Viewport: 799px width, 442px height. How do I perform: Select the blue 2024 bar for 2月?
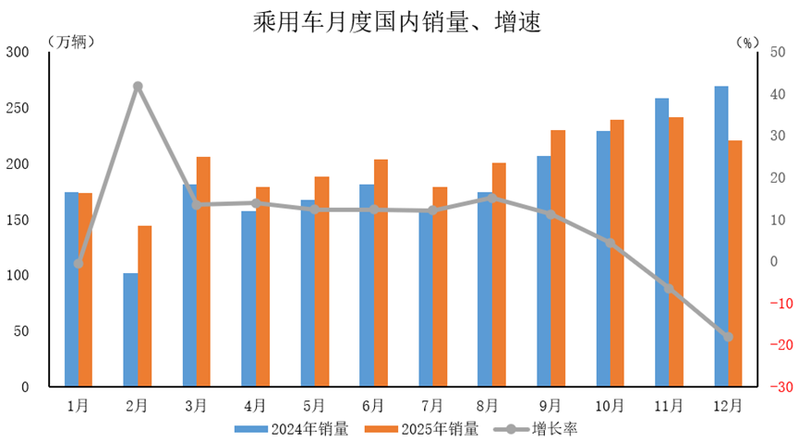point(130,329)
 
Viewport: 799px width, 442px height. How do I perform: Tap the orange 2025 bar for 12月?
point(735,263)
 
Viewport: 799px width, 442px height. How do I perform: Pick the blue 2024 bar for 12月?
point(721,236)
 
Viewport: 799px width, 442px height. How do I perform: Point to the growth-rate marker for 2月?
point(138,87)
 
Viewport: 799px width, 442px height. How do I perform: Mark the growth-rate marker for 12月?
point(728,337)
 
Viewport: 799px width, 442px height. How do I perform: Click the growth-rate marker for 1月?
point(79,264)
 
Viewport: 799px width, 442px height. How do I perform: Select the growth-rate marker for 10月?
point(610,243)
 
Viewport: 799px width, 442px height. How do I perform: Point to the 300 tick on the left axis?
point(18,53)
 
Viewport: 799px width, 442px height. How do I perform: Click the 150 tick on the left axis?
point(18,220)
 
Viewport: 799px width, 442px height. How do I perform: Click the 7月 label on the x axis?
point(432,405)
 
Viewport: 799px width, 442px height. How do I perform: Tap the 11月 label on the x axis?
point(669,405)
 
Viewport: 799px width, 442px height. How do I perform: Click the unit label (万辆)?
point(69,42)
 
